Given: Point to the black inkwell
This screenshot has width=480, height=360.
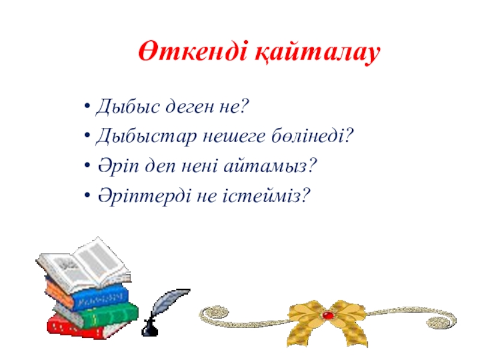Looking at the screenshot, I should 149,328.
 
